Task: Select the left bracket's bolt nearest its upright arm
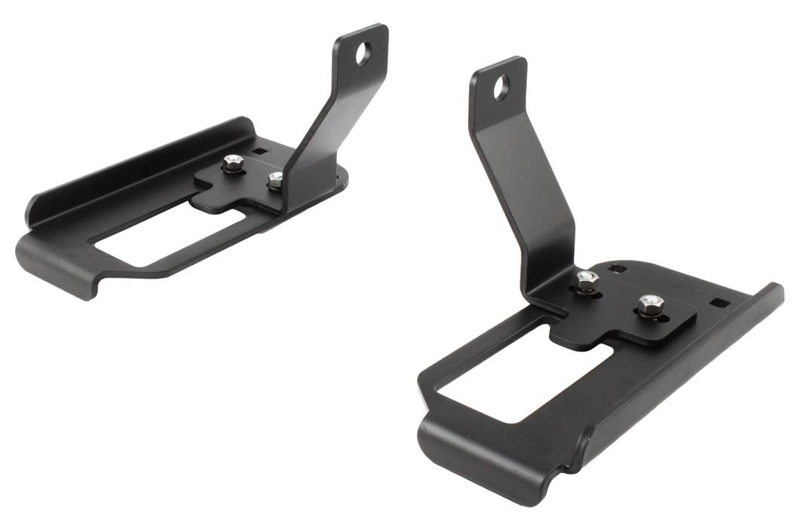(x=276, y=179)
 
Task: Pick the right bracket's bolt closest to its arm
(x=587, y=279)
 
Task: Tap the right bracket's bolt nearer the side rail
(x=648, y=304)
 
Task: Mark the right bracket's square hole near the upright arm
(x=620, y=268)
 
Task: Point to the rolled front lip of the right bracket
(x=483, y=459)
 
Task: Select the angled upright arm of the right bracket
(x=528, y=188)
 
